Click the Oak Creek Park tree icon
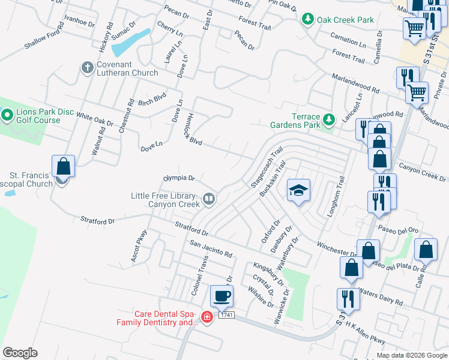308,20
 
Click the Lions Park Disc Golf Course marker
7,113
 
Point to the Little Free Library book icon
209,198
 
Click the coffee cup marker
221,295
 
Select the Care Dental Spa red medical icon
206,317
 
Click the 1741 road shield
226,315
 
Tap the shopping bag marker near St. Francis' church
63,166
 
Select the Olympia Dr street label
179,178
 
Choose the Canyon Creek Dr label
423,173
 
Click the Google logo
20,353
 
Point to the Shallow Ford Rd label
44,37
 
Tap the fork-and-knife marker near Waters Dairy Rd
348,299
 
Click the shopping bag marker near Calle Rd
426,250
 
